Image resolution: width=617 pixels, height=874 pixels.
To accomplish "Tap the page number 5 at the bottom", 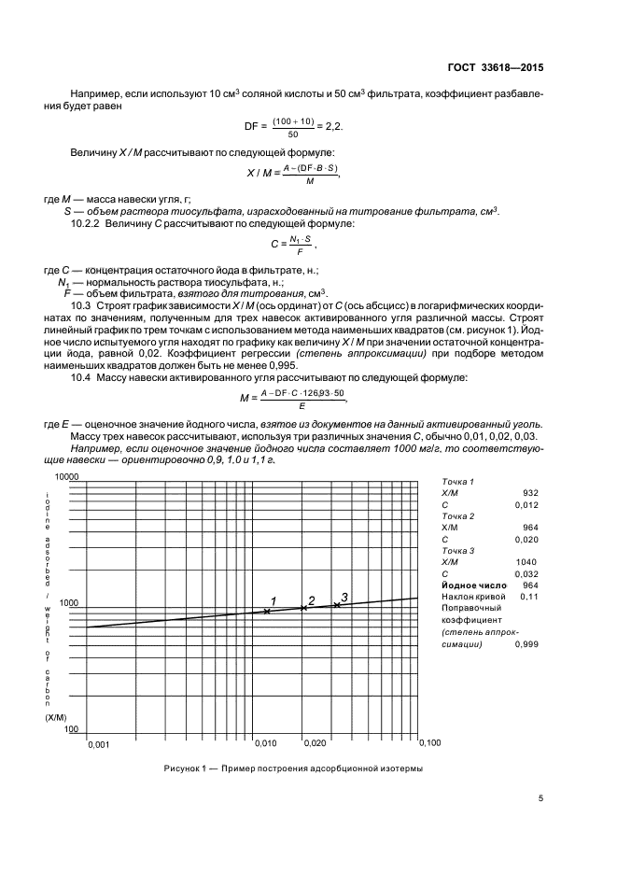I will [x=540, y=798].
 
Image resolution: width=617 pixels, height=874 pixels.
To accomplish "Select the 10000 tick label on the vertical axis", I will [x=69, y=476].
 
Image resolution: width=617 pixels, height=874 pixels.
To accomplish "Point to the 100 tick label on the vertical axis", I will [x=71, y=730].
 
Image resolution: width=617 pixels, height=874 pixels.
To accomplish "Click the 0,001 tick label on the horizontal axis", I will [x=98, y=744].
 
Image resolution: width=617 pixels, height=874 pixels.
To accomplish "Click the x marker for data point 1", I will [x=267, y=612].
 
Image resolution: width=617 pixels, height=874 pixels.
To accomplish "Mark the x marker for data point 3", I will [x=337, y=605].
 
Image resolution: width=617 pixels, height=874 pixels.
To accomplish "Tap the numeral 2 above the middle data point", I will [x=312, y=600].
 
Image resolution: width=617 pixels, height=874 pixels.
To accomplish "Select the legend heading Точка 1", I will [x=457, y=481].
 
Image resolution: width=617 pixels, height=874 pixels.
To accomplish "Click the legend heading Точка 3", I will [x=457, y=551].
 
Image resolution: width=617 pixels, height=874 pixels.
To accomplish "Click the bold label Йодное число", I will [x=473, y=585].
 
